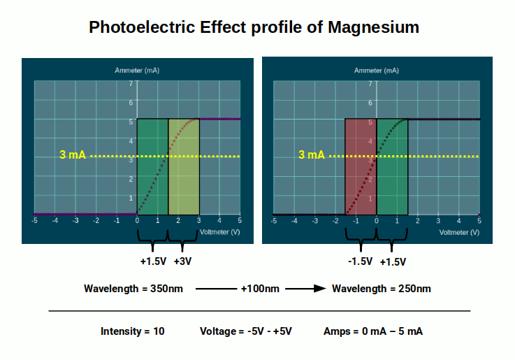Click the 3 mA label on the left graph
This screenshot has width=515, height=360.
tap(73, 155)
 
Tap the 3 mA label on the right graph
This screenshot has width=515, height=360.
tap(312, 155)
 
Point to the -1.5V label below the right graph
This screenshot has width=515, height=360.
tap(360, 261)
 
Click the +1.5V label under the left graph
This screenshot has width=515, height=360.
tap(153, 261)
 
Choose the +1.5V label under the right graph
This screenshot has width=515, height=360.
tap(393, 261)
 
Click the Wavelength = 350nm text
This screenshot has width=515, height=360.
tap(133, 289)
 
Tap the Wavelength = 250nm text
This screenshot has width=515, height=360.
tap(381, 289)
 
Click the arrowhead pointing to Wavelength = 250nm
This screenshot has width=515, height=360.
tap(320, 289)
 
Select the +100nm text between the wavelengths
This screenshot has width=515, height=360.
tap(260, 289)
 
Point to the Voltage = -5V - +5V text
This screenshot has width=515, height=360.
tap(245, 331)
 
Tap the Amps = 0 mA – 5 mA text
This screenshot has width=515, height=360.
tap(373, 331)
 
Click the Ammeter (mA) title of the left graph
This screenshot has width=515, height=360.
tap(138, 71)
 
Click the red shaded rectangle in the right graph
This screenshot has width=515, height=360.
tap(361, 166)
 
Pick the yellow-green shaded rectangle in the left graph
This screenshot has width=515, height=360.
tap(184, 166)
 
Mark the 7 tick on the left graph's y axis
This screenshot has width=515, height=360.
tap(131, 84)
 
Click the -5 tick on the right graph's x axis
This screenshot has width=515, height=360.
tap(274, 220)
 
